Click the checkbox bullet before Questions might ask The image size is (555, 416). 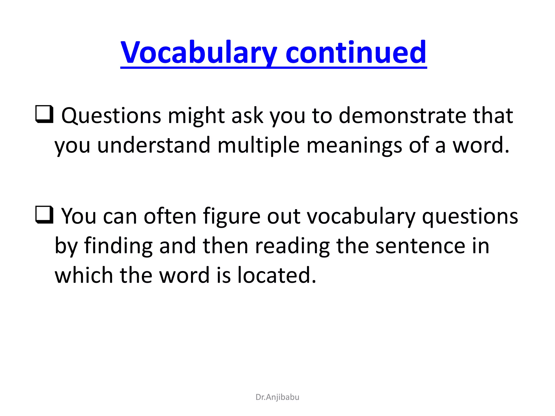click(44, 114)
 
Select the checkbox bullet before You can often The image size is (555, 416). click(44, 214)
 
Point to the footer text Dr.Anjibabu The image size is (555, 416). click(277, 397)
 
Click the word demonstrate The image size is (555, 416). click(402, 116)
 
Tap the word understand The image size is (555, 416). click(154, 145)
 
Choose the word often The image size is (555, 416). click(170, 216)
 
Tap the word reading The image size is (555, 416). click(292, 246)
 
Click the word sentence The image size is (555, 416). click(420, 246)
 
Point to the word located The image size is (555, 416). click(277, 275)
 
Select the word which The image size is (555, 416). click(84, 275)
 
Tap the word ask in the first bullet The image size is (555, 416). click(247, 116)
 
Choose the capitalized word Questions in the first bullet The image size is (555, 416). click(111, 116)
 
